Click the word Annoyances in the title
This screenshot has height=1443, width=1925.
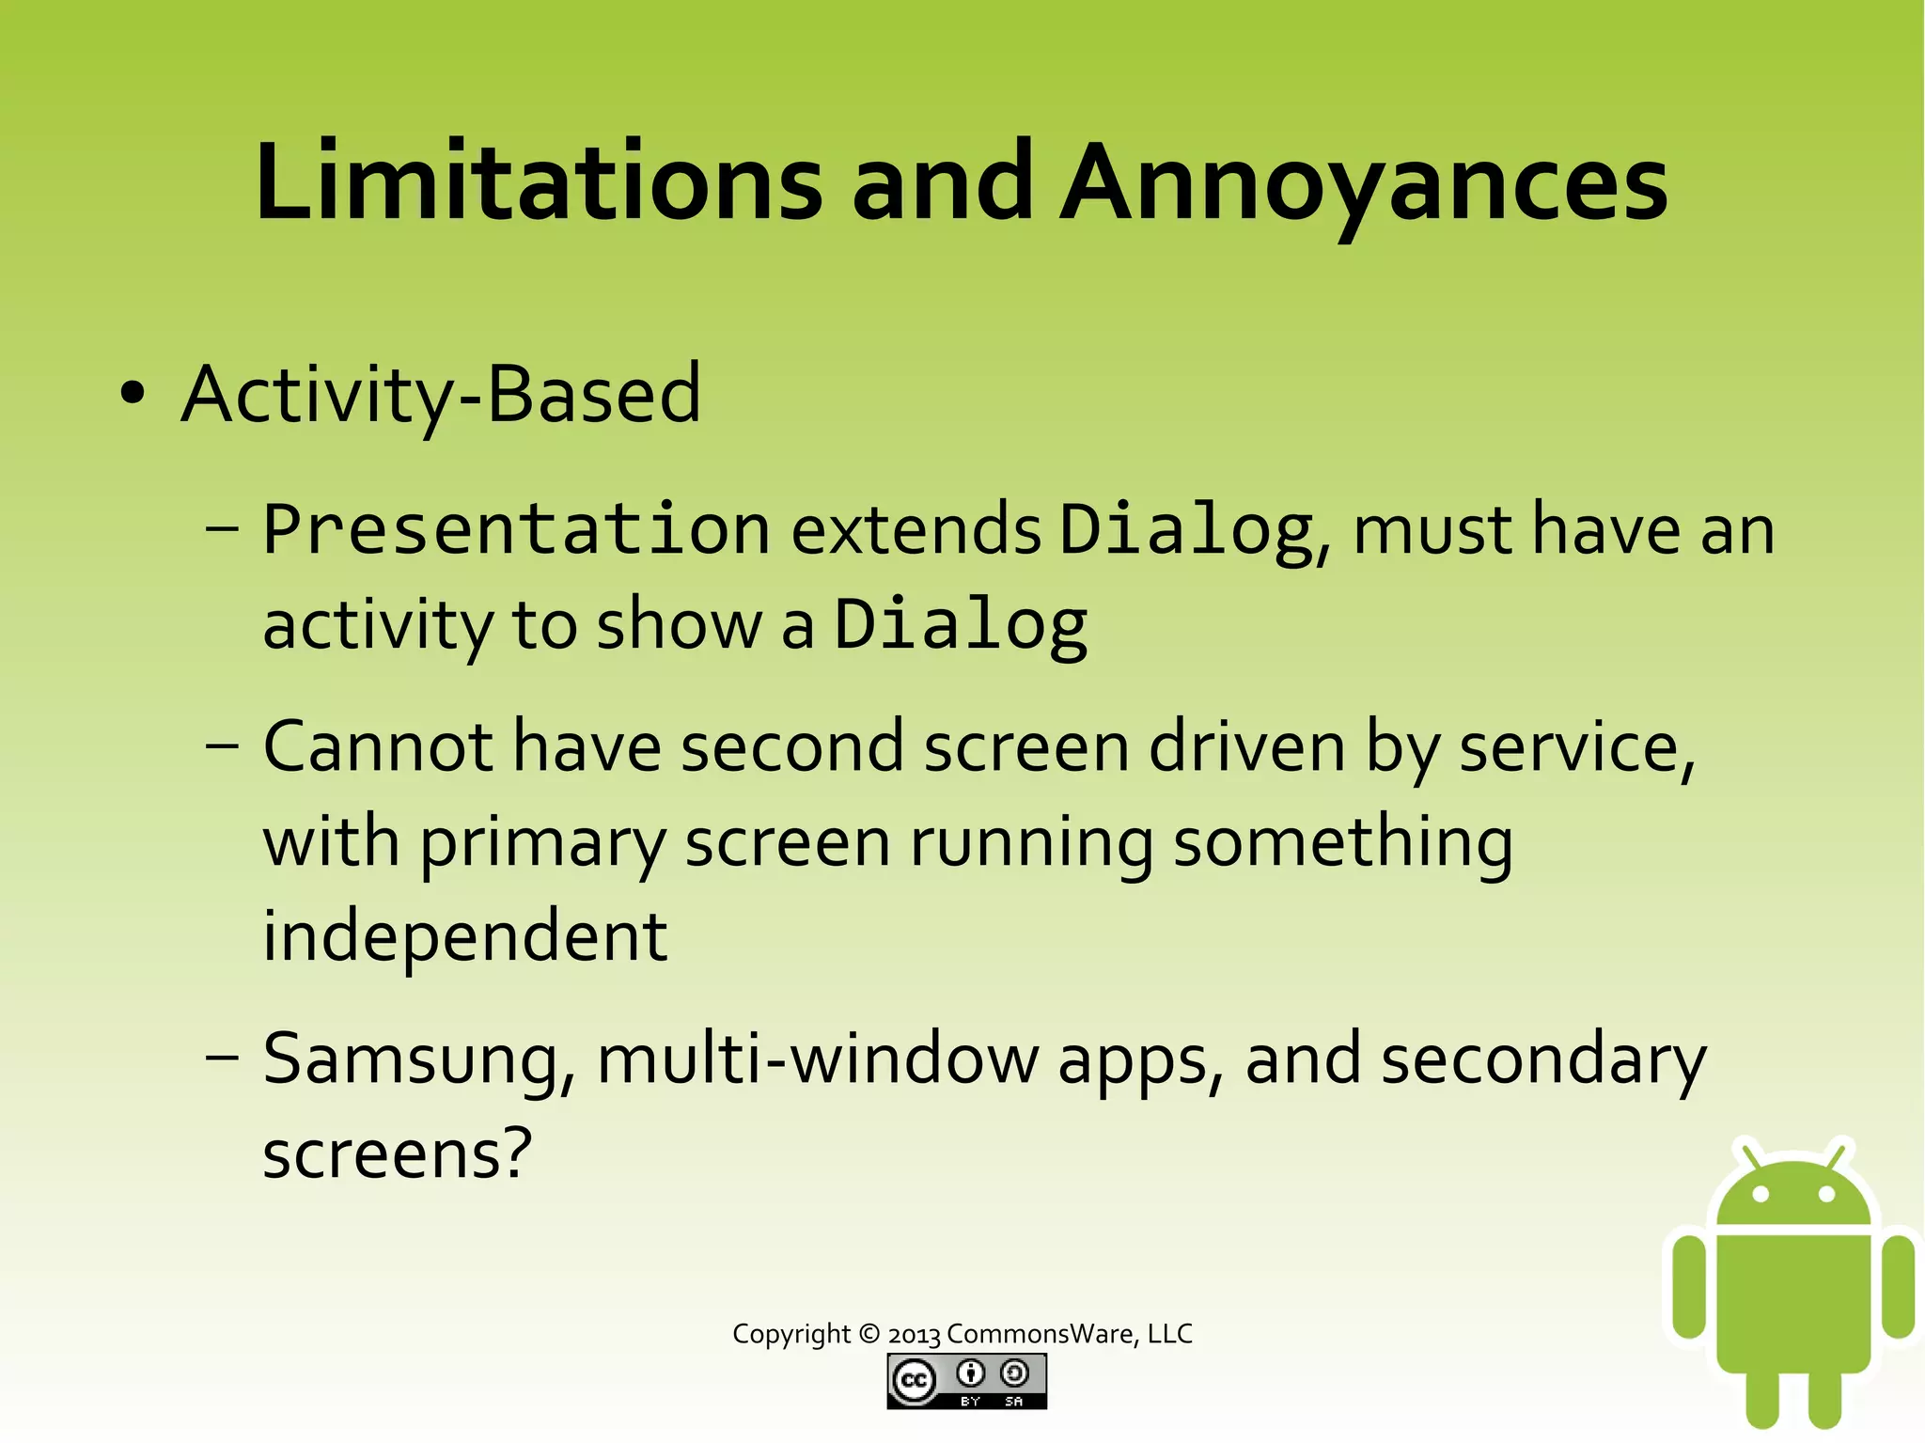click(1363, 183)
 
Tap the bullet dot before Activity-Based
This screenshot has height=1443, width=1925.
click(133, 393)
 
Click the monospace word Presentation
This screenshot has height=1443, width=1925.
click(516, 529)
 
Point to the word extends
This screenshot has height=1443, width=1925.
click(916, 529)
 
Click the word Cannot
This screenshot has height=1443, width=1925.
click(378, 747)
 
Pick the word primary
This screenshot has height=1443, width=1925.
click(542, 843)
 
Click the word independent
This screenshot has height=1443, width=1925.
click(464, 936)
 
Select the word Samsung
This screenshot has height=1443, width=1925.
click(415, 1060)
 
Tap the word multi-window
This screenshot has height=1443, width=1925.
click(816, 1059)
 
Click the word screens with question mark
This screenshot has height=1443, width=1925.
click(397, 1154)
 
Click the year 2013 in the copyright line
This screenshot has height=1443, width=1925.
click(914, 1334)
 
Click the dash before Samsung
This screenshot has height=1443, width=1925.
click(222, 1057)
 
